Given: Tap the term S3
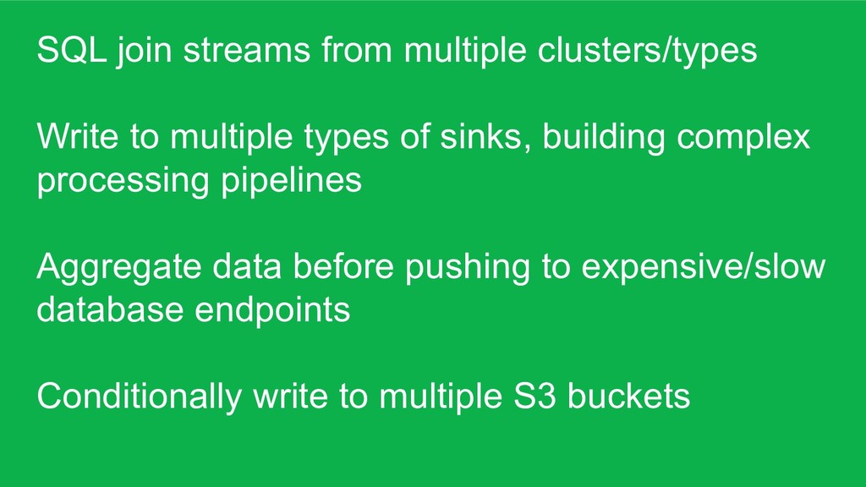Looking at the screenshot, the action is [534, 396].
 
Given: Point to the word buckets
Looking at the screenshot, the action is [628, 396].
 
